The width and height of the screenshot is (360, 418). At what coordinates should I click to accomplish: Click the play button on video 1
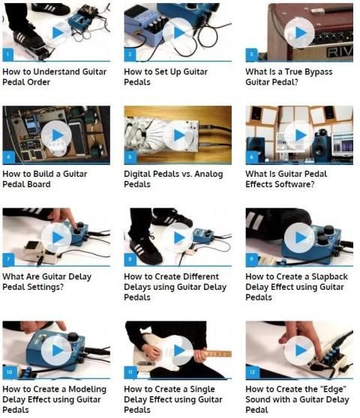pyautogui.click(x=56, y=32)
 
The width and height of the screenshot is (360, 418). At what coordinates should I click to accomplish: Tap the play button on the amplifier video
pyautogui.click(x=299, y=32)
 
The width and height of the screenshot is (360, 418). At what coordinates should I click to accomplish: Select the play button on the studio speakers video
pyautogui.click(x=299, y=135)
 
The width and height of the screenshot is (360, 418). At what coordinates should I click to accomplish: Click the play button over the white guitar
pyautogui.click(x=178, y=351)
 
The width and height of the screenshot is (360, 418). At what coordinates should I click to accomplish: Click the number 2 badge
pyautogui.click(x=130, y=55)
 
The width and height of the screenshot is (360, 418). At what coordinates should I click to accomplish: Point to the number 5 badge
pyautogui.click(x=130, y=157)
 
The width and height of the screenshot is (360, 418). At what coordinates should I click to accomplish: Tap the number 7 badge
pyautogui.click(x=8, y=259)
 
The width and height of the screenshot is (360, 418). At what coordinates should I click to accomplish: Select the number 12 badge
pyautogui.click(x=253, y=372)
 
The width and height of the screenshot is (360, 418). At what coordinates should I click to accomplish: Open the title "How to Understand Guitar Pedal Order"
pyautogui.click(x=55, y=76)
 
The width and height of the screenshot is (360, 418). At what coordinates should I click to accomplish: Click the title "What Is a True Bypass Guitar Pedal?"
pyautogui.click(x=289, y=76)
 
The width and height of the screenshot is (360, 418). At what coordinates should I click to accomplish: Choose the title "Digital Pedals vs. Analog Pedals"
pyautogui.click(x=173, y=179)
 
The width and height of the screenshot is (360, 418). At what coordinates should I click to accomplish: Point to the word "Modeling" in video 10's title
pyautogui.click(x=87, y=390)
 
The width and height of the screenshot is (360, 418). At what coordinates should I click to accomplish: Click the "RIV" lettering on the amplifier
pyautogui.click(x=340, y=52)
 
